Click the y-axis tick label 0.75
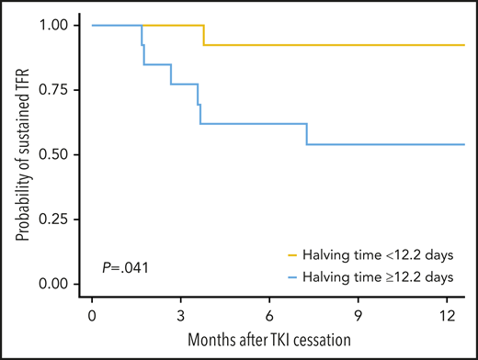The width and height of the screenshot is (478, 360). point(55,90)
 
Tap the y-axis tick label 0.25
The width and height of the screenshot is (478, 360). point(55,219)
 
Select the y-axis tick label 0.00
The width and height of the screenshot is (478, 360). point(55,285)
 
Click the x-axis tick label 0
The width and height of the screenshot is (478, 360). point(92,315)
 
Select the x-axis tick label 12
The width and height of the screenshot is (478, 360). point(446,315)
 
